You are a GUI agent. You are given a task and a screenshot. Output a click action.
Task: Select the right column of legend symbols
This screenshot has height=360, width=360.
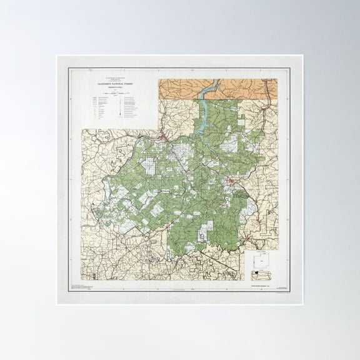tap(120, 110)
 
